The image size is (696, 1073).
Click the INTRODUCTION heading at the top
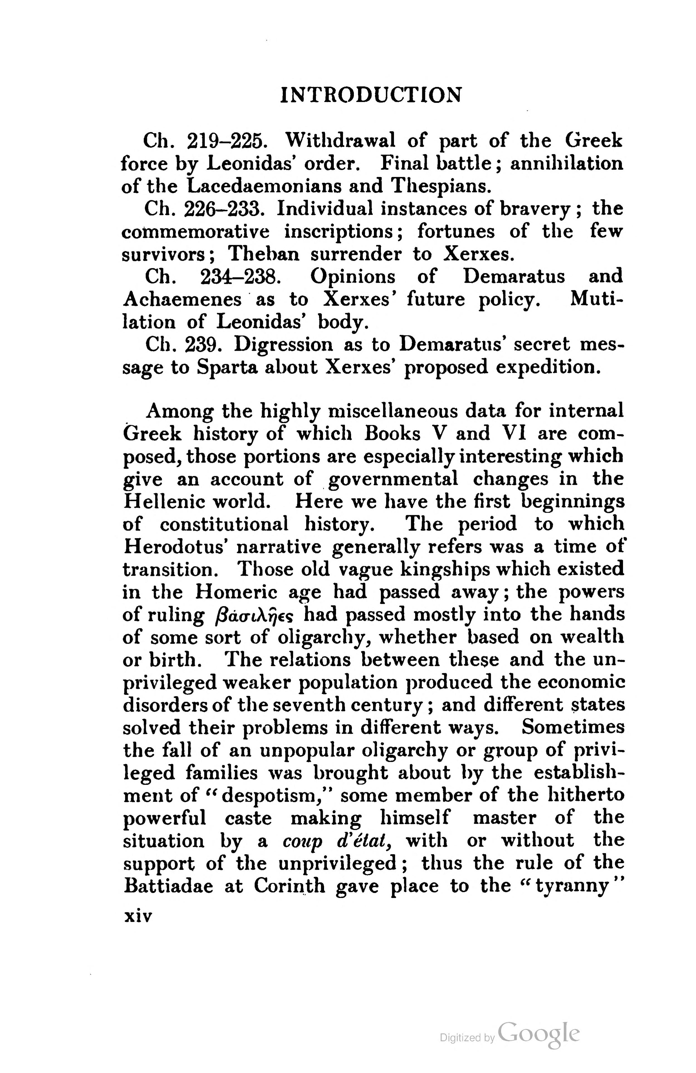(x=371, y=95)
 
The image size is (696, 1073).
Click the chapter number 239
(x=204, y=344)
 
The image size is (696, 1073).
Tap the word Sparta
(x=226, y=367)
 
